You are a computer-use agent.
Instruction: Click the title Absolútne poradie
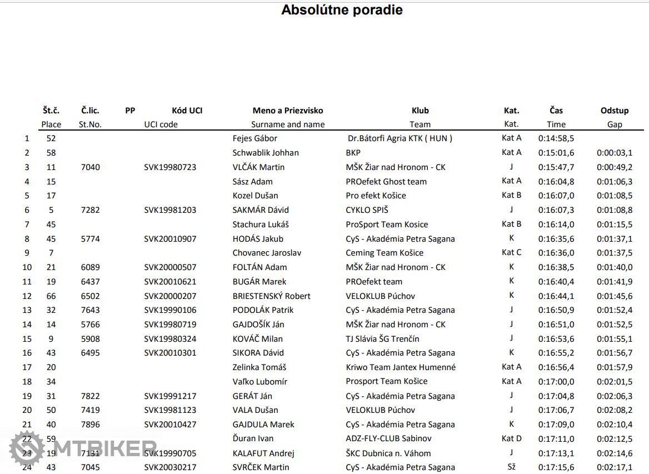[x=342, y=10]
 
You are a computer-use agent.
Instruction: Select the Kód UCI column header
[x=187, y=111]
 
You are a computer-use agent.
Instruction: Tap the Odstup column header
[x=614, y=111]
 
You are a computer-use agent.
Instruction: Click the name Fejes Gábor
[x=254, y=138]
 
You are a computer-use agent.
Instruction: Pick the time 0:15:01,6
[x=556, y=153]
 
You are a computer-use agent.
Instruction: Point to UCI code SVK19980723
[x=170, y=167]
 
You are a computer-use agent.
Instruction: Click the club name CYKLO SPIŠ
[x=367, y=210]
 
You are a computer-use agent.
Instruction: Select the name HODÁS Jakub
[x=258, y=239]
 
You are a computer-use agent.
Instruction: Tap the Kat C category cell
[x=511, y=252]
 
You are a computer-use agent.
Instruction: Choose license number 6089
[x=90, y=267]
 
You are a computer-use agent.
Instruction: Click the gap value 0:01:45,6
[x=614, y=296]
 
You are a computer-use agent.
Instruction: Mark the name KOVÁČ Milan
[x=257, y=339]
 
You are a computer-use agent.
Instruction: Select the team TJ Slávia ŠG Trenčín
[x=382, y=339]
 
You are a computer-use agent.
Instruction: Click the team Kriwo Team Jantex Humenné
[x=400, y=367]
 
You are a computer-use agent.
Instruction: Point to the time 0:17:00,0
[x=556, y=382]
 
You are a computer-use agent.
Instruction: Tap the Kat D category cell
[x=511, y=438]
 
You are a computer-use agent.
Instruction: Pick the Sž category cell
[x=511, y=467]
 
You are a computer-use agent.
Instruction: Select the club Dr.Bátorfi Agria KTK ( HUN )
[x=400, y=138]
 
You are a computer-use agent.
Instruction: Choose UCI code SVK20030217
[x=170, y=467]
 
